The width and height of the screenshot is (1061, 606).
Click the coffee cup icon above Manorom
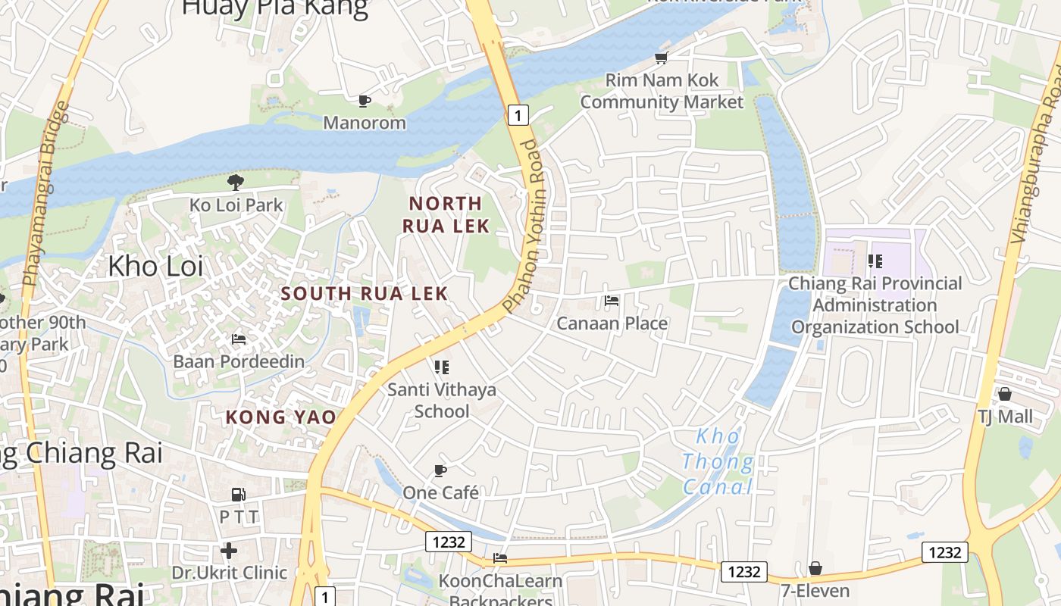365,101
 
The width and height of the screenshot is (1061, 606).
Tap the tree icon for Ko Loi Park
236,182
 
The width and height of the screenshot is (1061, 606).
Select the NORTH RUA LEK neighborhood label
446,214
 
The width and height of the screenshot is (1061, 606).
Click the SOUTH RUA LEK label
365,293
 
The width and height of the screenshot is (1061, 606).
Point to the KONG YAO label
280,417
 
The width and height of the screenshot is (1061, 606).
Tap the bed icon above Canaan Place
612,301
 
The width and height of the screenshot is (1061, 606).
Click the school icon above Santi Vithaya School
442,367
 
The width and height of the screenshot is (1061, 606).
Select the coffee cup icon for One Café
440,470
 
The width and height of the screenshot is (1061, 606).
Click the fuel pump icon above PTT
239,495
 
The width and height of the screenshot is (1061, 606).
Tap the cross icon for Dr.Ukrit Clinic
229,550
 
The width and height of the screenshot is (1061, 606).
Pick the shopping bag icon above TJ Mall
1005,394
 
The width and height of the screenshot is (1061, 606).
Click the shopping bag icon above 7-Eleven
815,568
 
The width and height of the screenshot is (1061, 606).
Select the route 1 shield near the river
518,115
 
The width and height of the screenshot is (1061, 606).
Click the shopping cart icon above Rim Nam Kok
662,58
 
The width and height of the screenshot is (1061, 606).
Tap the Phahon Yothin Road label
524,226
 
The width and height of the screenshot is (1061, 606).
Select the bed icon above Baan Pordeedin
239,339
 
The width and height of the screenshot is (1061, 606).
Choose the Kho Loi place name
155,266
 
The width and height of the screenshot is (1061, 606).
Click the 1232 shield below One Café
449,542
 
